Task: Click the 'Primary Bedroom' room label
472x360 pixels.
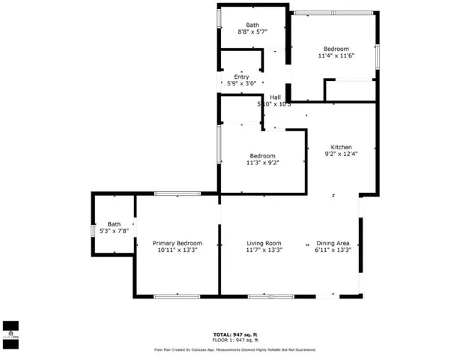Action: tap(177, 244)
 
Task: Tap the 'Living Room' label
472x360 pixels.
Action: tap(264, 244)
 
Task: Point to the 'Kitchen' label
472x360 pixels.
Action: tap(342, 147)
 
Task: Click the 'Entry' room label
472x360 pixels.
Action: tap(241, 77)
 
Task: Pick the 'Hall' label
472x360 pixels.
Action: tap(276, 97)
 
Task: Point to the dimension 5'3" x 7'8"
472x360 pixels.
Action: tap(114, 231)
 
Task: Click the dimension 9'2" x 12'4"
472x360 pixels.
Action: tap(342, 154)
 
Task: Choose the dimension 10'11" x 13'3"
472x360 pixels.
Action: tap(177, 251)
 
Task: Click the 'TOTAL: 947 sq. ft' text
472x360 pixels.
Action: tap(235, 334)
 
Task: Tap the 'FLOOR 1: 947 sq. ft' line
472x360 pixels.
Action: tap(235, 340)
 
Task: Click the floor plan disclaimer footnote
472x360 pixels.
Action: tap(235, 349)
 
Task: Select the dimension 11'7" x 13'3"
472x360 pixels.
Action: tap(264, 251)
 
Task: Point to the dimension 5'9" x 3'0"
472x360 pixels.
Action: tap(241, 84)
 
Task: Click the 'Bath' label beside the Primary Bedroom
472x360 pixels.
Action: tap(114, 224)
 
